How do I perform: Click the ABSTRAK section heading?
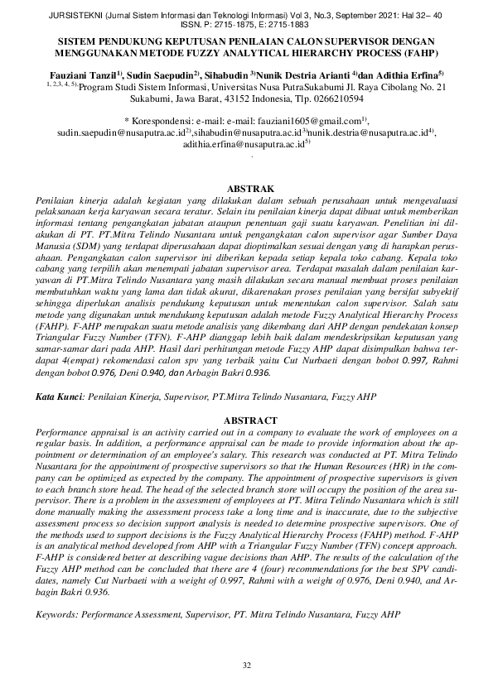coord(246,190)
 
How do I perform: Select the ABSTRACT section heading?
coord(246,420)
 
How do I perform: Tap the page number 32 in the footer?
coord(246,666)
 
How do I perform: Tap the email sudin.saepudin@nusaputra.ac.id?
coord(121,132)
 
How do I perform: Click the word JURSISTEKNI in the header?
coord(36,13)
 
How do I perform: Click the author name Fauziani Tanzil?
coord(79,74)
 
